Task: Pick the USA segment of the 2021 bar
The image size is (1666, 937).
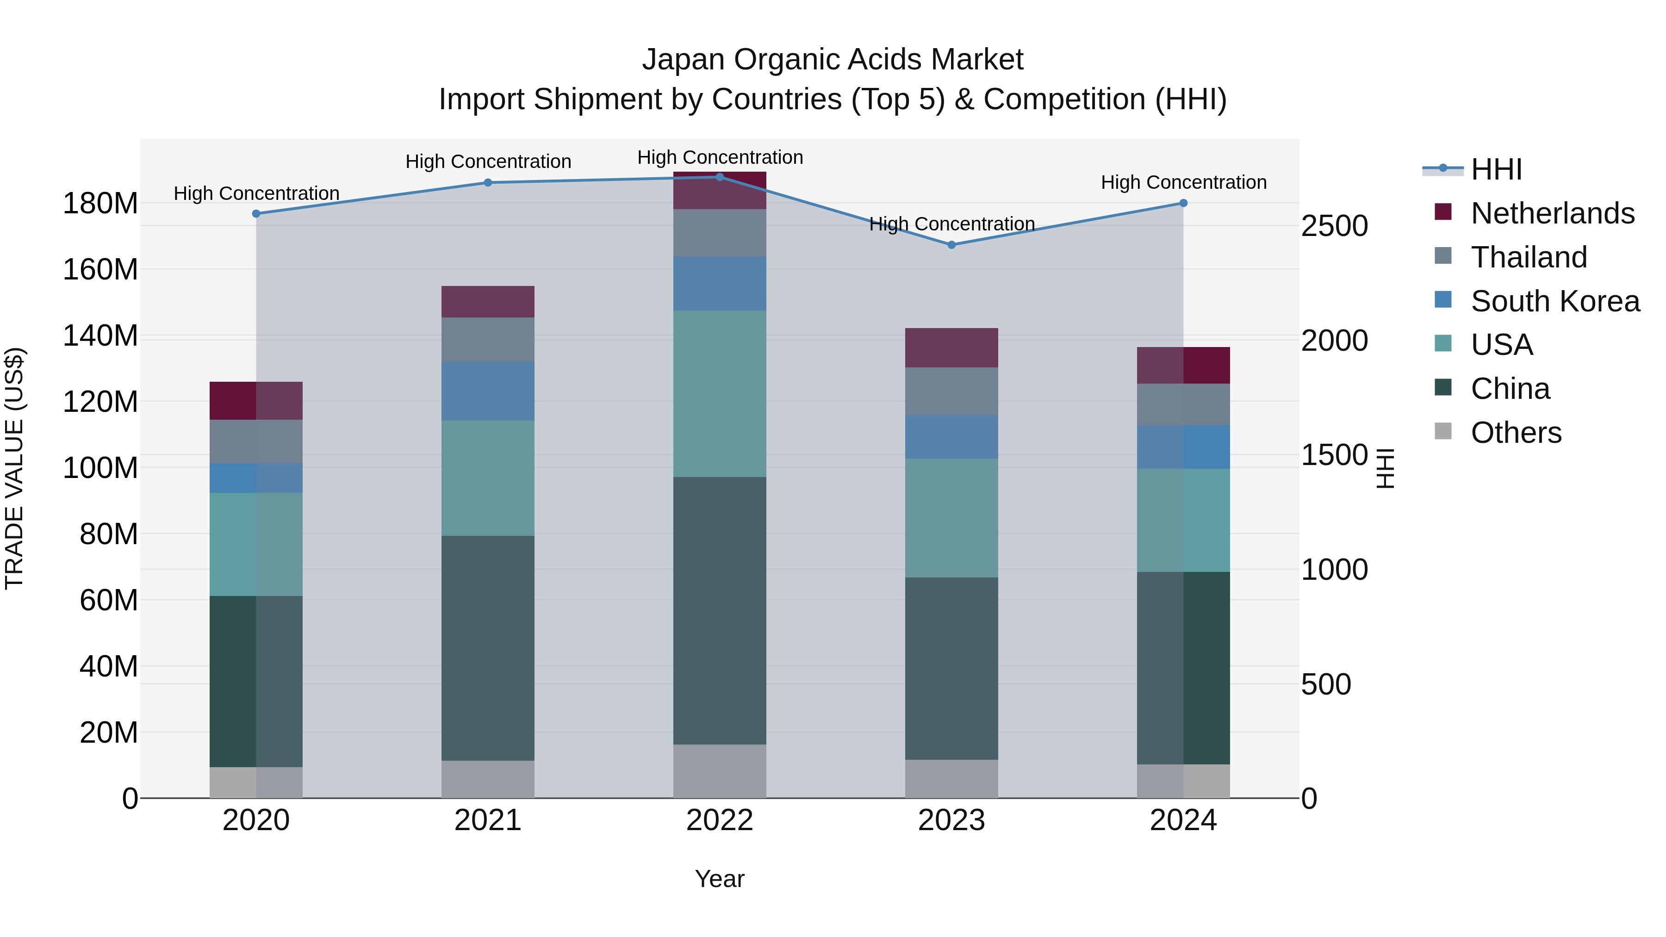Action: [488, 478]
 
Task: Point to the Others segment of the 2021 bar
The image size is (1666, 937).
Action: [488, 779]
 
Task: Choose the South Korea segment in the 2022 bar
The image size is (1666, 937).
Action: [719, 283]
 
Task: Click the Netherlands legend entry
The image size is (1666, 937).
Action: [1552, 213]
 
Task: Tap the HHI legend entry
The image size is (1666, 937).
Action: [1495, 169]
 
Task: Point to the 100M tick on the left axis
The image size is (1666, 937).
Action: [100, 467]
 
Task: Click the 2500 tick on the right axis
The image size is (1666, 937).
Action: [1334, 226]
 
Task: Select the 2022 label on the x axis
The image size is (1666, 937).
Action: [719, 820]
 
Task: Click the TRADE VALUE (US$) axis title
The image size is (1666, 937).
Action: [14, 468]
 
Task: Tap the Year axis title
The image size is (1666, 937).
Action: [719, 879]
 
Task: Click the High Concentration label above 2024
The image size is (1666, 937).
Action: [1183, 182]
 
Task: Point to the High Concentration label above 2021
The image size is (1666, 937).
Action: [488, 161]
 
